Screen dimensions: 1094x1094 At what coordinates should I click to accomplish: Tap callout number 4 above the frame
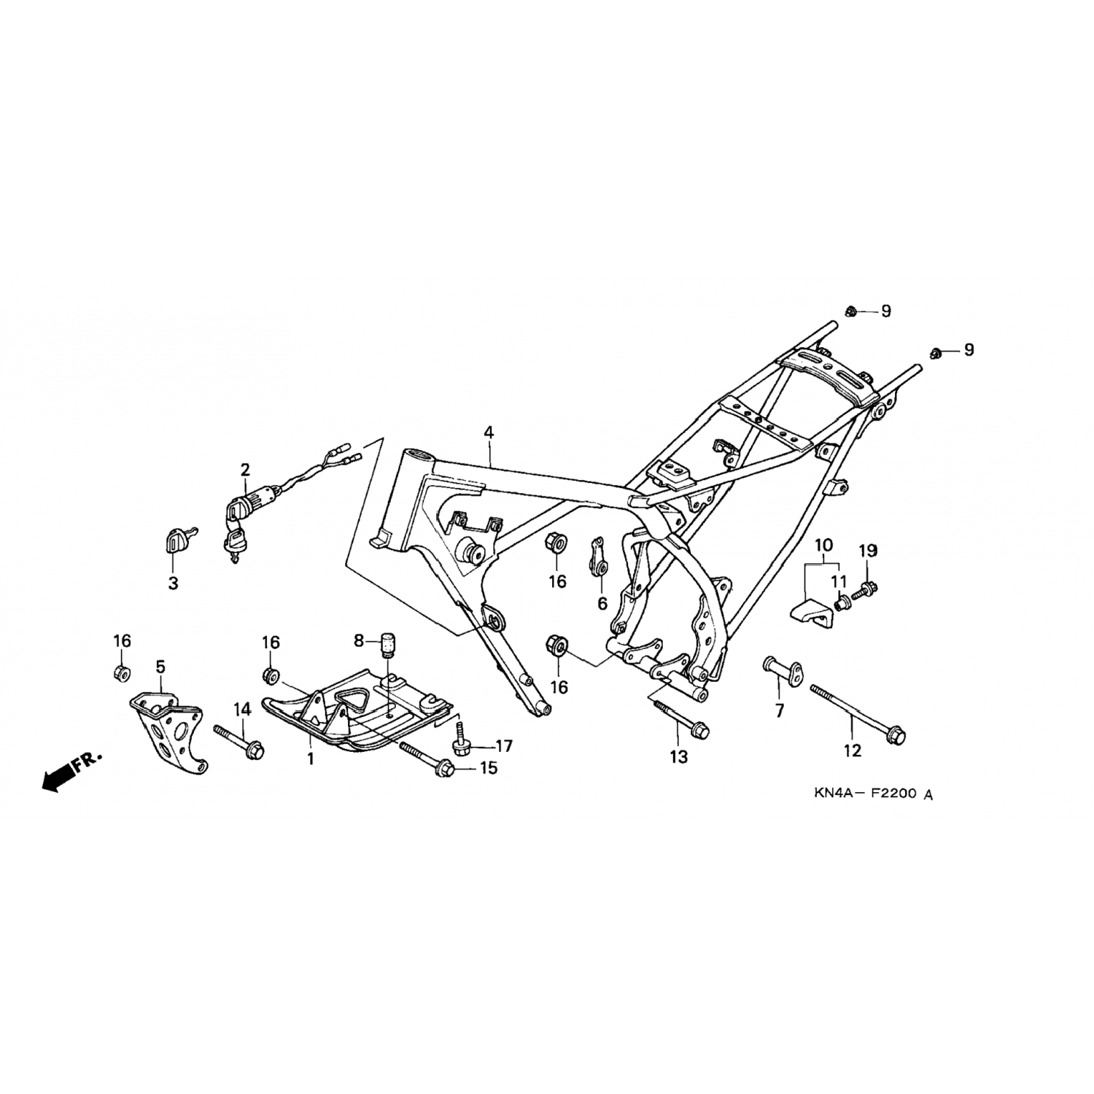pos(488,432)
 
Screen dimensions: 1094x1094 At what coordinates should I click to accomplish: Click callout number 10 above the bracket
pos(823,544)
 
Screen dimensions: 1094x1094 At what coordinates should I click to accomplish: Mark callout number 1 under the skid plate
pos(311,759)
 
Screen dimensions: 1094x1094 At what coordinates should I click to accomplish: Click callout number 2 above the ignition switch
pos(245,468)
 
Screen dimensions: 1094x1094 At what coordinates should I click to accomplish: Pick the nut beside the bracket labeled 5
pos(122,672)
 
